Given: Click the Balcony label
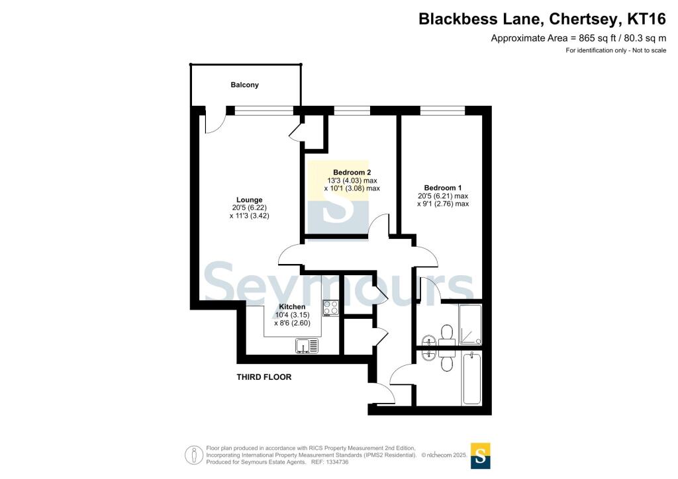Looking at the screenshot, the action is click(x=244, y=85).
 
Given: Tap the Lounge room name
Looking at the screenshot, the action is click(x=249, y=200).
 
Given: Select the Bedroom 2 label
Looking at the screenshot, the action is click(x=352, y=172).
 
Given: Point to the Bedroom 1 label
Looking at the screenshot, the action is click(x=443, y=188).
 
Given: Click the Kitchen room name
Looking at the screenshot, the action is click(x=292, y=307).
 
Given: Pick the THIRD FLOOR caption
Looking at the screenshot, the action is click(x=264, y=377).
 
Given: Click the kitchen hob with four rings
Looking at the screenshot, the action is click(x=331, y=308).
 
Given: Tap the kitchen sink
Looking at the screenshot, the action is click(x=307, y=345).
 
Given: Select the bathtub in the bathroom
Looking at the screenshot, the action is click(x=471, y=378).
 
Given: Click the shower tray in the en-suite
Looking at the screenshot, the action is click(x=471, y=325).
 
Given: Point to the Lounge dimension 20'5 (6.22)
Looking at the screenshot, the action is click(x=250, y=208).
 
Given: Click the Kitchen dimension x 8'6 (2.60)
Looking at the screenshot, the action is click(x=292, y=323).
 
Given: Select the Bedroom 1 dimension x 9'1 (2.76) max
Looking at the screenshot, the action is click(x=443, y=204).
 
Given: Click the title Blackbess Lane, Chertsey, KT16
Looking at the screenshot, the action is click(x=542, y=19).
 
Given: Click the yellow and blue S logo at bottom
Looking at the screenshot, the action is click(x=481, y=456).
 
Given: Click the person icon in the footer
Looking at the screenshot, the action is click(x=194, y=455).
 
